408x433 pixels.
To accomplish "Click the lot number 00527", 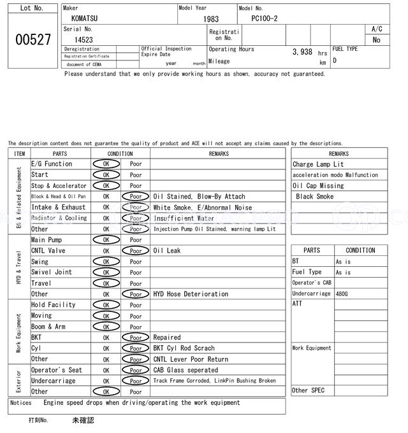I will point(33,39).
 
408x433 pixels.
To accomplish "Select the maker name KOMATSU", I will point(85,19).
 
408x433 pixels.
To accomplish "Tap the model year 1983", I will point(210,19).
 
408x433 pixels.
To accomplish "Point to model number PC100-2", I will point(265,19).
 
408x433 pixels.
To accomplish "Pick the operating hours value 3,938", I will point(302,52).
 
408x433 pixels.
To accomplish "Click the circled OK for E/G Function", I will point(106,164).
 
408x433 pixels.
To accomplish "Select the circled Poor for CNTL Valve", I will point(136,251).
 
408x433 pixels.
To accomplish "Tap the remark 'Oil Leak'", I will point(167,251).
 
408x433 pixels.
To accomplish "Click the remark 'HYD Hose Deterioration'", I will point(191,294).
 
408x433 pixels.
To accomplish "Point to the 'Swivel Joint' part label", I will point(52,273).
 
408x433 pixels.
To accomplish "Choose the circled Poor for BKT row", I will point(136,337).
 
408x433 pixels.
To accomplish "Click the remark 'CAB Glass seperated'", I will point(186,370).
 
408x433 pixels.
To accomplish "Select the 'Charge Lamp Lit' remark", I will point(317,164).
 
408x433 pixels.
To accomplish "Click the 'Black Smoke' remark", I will point(316,197).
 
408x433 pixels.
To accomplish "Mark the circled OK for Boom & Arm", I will point(106,327).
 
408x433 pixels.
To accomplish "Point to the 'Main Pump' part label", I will point(47,240).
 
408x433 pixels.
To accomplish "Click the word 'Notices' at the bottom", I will point(21,402).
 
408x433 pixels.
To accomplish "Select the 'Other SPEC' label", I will point(309,390).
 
